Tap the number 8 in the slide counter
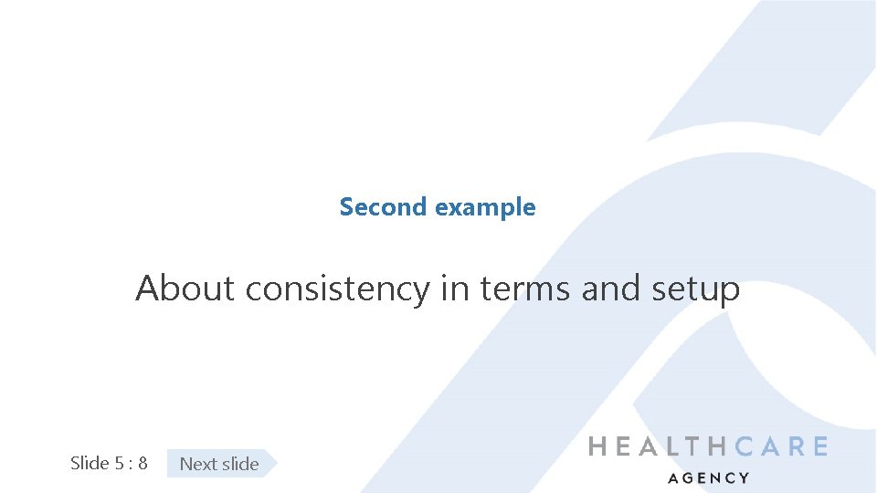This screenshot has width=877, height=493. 143,463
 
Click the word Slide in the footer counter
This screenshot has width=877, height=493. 90,463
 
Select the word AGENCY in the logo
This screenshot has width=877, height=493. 708,477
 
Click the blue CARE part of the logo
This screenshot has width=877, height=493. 782,446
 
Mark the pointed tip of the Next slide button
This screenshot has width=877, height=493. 274,464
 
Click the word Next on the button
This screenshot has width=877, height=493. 197,464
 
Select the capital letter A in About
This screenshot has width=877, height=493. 147,288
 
